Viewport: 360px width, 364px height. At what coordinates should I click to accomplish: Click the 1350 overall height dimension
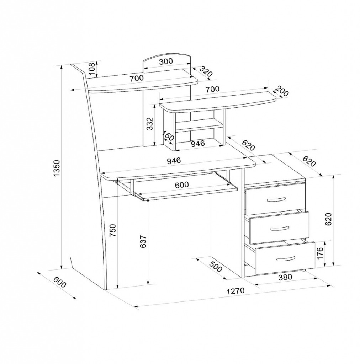tap(57, 168)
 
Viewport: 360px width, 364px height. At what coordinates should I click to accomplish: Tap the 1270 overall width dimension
tap(236, 291)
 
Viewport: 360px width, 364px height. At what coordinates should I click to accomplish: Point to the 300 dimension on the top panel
tap(166, 61)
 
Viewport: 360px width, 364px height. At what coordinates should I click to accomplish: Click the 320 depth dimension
tap(206, 71)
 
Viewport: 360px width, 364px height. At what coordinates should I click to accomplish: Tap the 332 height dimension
tap(150, 124)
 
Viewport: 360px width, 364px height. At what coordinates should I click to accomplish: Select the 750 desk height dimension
tap(112, 230)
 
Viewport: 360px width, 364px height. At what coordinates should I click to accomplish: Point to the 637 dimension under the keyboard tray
tap(143, 242)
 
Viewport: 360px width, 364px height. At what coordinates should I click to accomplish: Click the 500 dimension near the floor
tap(216, 267)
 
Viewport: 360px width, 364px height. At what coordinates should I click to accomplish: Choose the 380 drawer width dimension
tap(285, 277)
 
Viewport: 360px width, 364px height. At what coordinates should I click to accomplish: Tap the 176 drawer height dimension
tap(320, 253)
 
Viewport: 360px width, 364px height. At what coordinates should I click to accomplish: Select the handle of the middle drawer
tap(279, 228)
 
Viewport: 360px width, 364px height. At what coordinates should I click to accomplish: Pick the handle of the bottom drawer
tap(286, 258)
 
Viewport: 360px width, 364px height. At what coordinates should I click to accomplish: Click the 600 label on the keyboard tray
tap(182, 185)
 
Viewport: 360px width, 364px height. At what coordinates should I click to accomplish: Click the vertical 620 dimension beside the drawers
tap(328, 219)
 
